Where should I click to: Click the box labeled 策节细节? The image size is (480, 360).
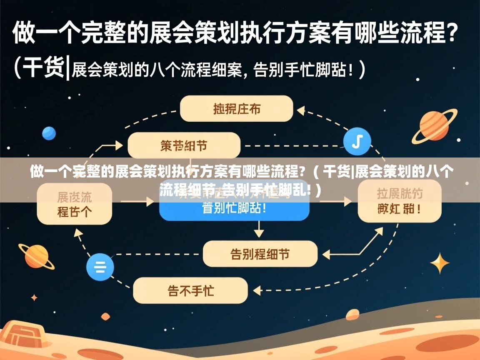pos(184,145)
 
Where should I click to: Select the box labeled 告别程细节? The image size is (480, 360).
pos(260,254)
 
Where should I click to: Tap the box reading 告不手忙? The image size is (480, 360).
pos(190,290)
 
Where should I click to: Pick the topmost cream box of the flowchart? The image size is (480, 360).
pos(236,109)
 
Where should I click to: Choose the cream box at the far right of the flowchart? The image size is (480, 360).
pos(400,204)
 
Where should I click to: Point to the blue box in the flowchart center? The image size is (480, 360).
pos(234,207)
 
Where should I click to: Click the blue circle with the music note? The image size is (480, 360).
pos(357,141)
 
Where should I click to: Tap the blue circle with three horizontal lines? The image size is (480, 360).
pos(100,266)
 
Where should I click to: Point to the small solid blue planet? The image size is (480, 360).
pos(49,133)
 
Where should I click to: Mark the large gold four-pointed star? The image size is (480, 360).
pos(440,263)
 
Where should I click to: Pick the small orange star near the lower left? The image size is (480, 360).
pos(34,298)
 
